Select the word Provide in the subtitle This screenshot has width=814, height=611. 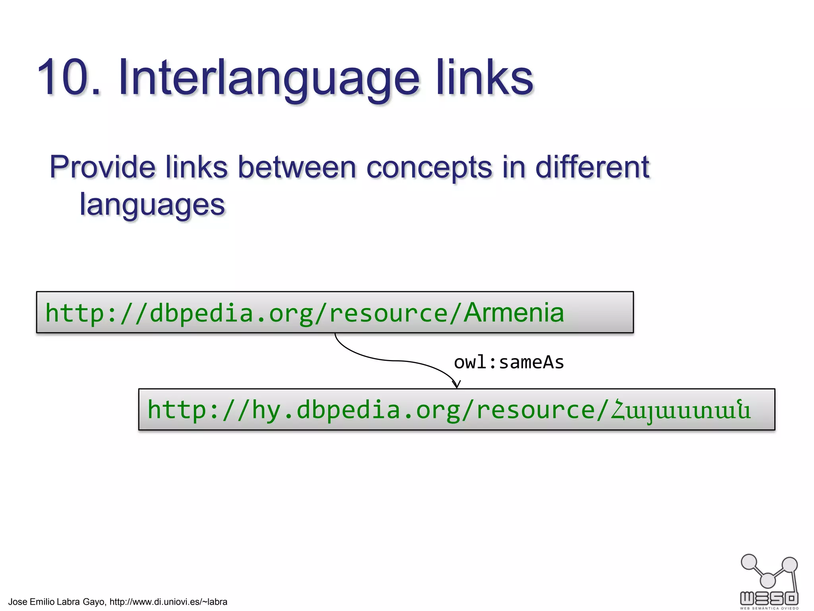102,167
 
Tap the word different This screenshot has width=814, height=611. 592,167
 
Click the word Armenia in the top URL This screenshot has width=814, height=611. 514,313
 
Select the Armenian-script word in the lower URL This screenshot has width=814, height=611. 681,410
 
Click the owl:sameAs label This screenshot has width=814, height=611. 509,362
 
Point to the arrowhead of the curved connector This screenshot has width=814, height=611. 457,384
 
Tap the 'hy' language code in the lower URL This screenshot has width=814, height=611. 267,410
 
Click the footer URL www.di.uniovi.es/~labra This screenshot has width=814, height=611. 168,602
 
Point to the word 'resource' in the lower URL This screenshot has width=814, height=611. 536,410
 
